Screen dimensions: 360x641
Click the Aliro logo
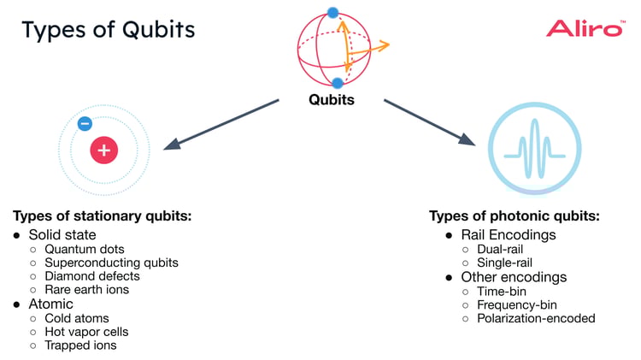(584, 28)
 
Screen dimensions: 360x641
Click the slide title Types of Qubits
(109, 30)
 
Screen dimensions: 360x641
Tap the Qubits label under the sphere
(332, 100)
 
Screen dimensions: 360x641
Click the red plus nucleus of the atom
(104, 150)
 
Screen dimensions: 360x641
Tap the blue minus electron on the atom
(84, 123)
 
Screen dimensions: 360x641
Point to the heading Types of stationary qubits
(102, 216)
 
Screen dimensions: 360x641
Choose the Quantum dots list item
(85, 249)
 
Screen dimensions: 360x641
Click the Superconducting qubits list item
(111, 263)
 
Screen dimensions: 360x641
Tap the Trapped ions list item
(80, 345)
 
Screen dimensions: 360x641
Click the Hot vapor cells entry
(87, 332)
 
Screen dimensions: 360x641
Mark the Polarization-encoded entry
(536, 318)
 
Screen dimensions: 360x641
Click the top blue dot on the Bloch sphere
(333, 13)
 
